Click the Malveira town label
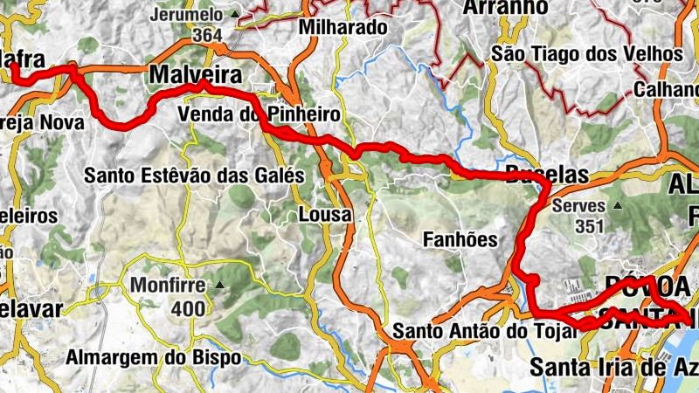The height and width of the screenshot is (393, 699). (195, 75)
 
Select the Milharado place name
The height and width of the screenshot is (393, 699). (343, 27)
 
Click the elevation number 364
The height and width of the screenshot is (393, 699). (207, 34)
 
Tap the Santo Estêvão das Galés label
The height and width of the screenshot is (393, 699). (194, 176)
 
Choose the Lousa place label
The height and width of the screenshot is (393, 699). (325, 214)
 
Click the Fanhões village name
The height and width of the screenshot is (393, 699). (460, 238)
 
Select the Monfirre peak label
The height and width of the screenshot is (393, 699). (168, 286)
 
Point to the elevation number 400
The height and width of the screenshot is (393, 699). (188, 307)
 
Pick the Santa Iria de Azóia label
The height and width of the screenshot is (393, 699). (612, 368)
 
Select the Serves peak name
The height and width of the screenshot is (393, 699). (579, 207)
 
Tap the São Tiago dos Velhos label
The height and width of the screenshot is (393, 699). (587, 54)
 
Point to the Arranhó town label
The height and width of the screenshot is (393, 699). (503, 8)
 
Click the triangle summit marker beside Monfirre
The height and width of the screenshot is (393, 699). (219, 285)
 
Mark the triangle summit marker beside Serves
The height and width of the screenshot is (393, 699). (618, 206)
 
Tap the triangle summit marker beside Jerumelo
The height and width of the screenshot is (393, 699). (234, 15)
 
